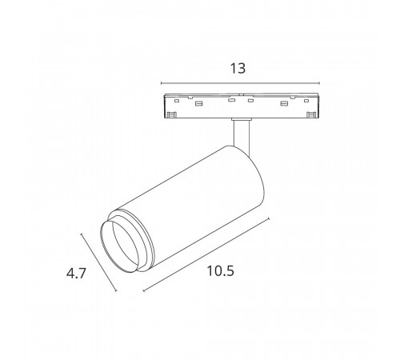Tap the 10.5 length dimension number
(x=218, y=270)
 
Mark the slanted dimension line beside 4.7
(x=101, y=262)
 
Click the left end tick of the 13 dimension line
(x=162, y=83)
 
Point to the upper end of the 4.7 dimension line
(x=84, y=234)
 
